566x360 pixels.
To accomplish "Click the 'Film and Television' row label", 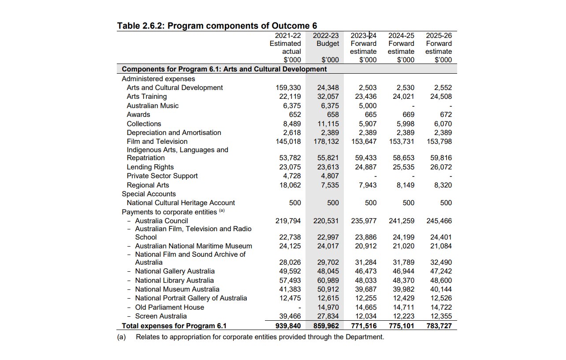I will tap(157, 142).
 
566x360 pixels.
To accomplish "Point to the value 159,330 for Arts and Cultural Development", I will tap(288, 88).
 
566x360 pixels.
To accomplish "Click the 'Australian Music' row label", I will tap(153, 106).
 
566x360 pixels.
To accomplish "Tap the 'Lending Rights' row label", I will tap(150, 167).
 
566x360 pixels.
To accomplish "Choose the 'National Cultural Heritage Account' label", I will tap(181, 203).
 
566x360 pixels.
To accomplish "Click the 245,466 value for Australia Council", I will tap(439, 221).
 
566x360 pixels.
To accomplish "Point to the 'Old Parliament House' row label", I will tap(169, 307).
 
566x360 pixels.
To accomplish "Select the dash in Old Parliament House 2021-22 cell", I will tap(299, 307).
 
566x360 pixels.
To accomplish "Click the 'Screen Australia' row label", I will tap(160, 316).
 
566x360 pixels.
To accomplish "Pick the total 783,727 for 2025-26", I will tap(439, 326).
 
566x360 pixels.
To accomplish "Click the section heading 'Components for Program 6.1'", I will tap(224, 69).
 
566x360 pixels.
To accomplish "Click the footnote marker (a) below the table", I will tap(121, 337).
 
